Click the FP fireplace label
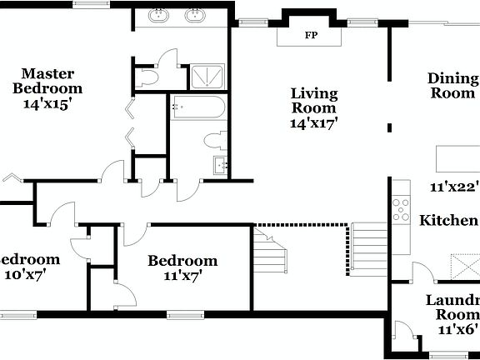312,36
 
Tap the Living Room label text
313,100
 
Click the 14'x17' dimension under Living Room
313,123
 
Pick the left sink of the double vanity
159,15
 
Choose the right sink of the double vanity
197,15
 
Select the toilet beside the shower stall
149,77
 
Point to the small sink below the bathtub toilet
221,165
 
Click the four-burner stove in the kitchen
402,207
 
